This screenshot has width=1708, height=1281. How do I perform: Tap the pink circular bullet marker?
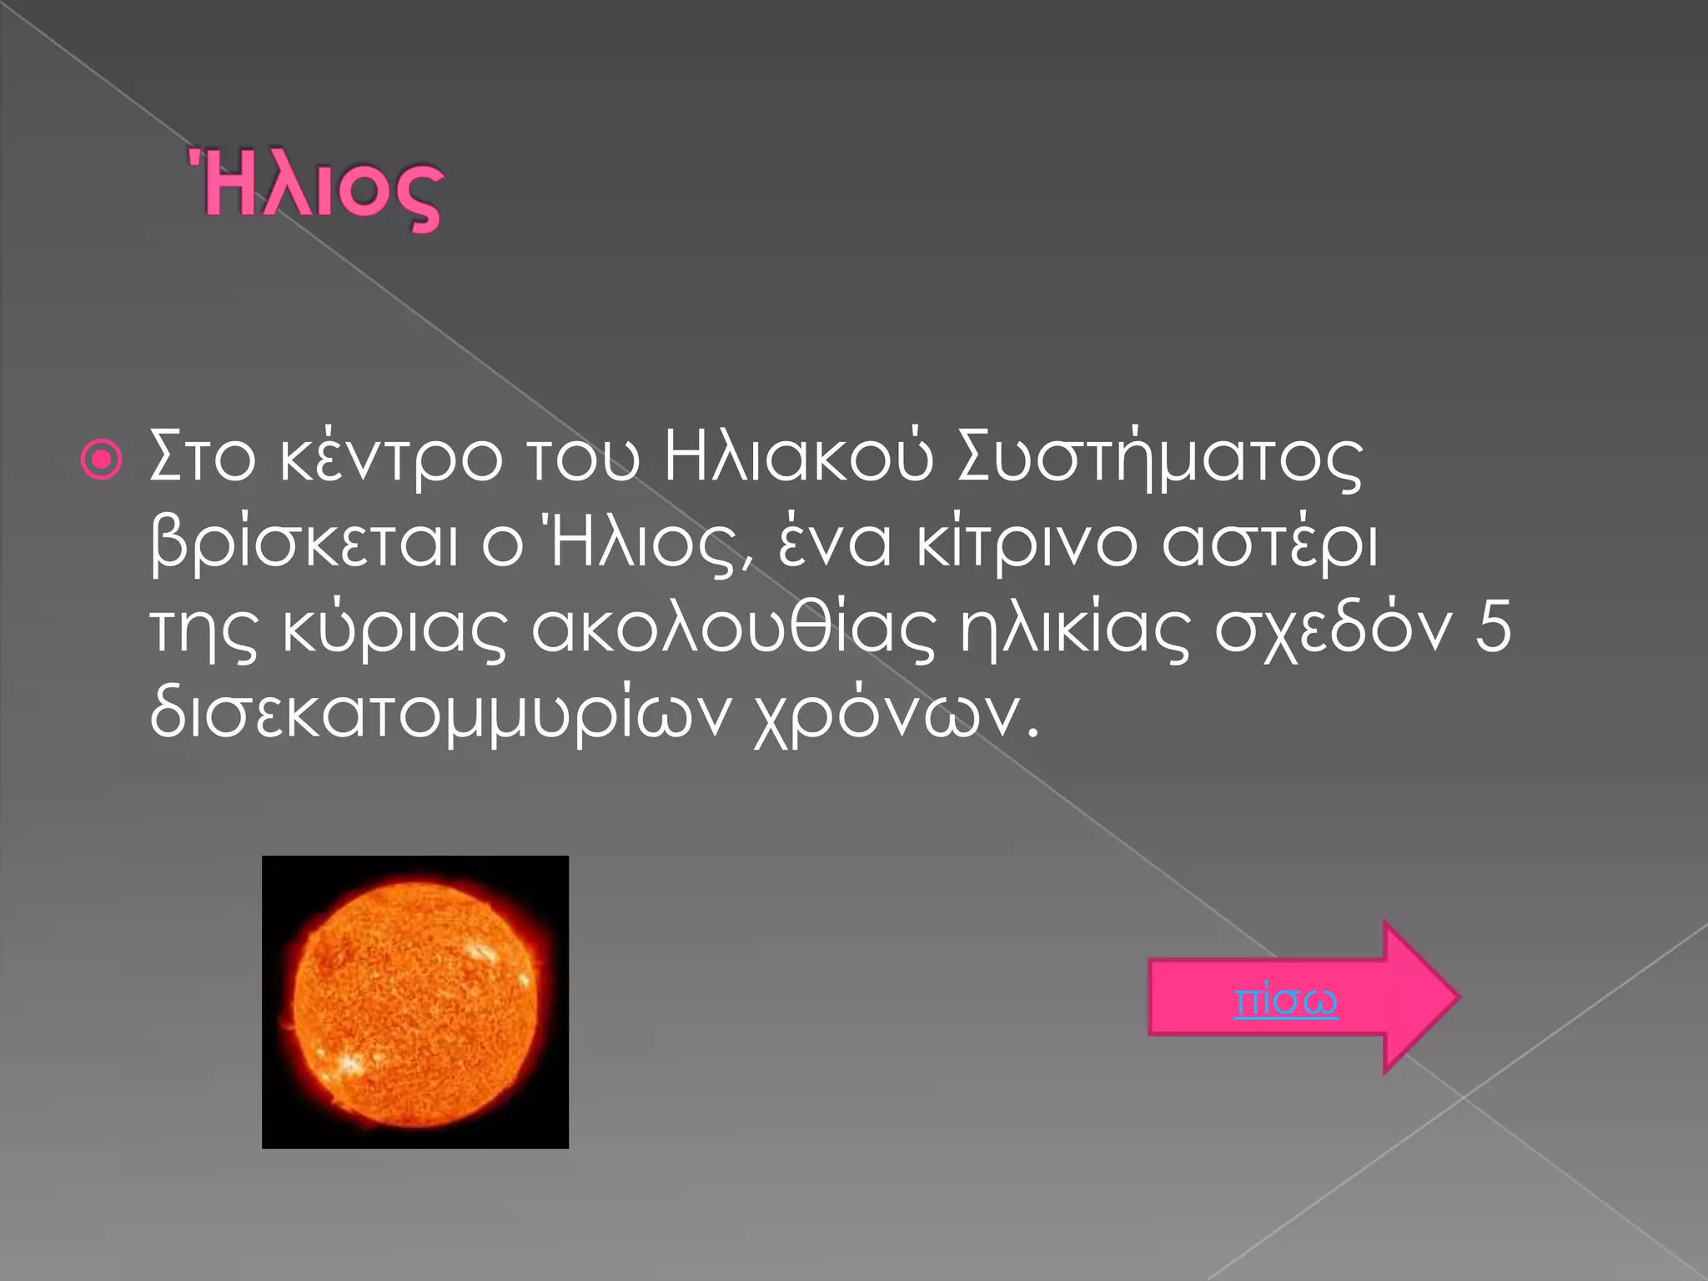coord(102,460)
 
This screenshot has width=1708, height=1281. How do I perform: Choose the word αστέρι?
coord(1269,544)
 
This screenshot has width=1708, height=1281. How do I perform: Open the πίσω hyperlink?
coord(1285,1000)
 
